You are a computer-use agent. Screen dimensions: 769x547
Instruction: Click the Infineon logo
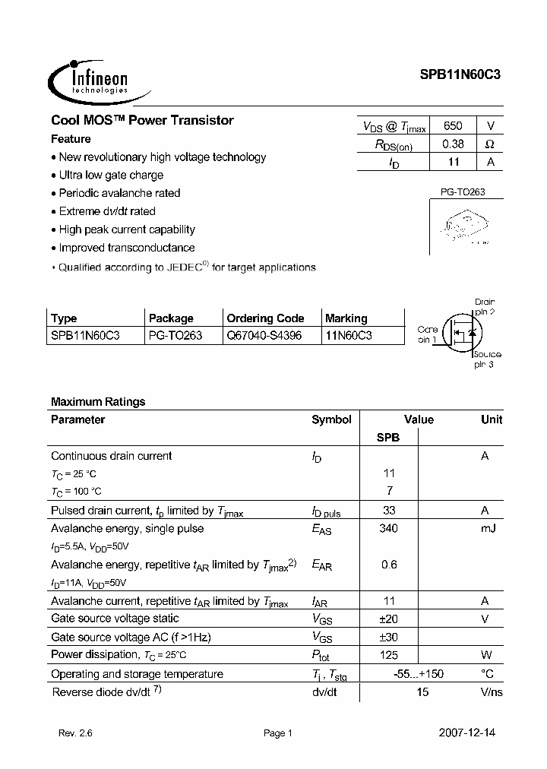[89, 79]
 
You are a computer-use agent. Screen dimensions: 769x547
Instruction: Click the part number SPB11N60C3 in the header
[460, 75]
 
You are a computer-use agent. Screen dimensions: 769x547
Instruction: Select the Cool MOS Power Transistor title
[142, 120]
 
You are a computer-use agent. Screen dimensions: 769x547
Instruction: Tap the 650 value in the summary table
[453, 126]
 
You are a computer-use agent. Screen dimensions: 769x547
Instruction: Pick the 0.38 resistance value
[453, 144]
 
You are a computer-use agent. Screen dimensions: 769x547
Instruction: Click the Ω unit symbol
[490, 144]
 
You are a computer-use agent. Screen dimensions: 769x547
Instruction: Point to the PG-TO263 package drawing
[462, 226]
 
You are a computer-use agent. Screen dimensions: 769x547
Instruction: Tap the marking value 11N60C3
[349, 335]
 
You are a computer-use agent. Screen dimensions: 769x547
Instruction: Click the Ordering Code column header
[265, 318]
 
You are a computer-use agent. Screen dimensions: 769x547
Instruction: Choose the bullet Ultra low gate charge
[111, 175]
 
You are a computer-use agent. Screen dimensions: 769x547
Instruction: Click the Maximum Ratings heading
[98, 401]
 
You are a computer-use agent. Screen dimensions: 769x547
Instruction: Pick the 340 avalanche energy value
[388, 528]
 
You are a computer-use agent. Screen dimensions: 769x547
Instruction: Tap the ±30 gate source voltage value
[388, 637]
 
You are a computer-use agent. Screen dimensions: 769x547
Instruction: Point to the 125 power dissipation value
[388, 655]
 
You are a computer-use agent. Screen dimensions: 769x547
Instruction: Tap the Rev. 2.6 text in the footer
[75, 733]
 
